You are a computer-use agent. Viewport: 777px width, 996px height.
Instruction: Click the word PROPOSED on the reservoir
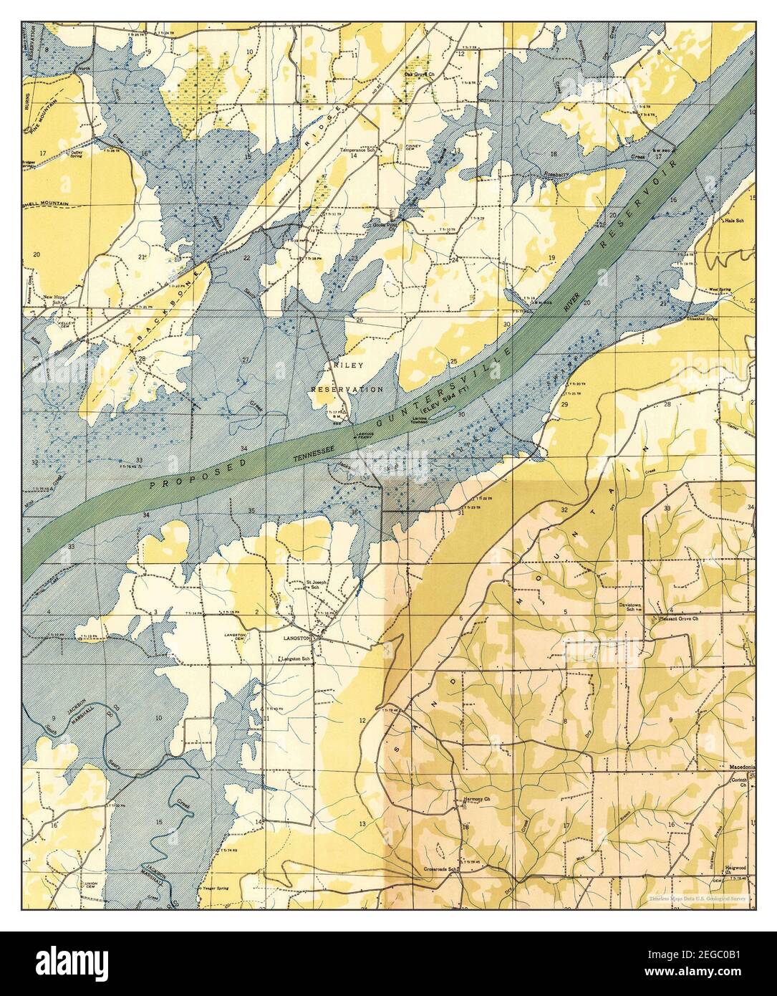pyautogui.click(x=201, y=474)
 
